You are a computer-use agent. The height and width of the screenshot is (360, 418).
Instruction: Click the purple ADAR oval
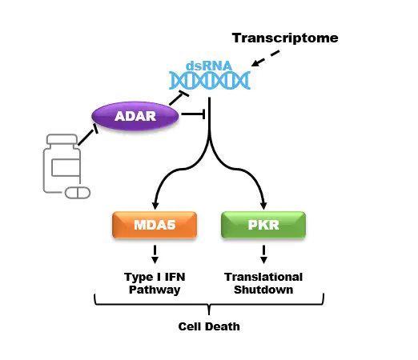[135, 116]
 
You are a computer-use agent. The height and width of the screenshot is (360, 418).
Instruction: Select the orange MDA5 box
[155, 225]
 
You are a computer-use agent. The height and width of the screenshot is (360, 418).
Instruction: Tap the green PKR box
[263, 225]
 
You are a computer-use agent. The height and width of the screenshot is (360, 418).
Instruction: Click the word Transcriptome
[285, 38]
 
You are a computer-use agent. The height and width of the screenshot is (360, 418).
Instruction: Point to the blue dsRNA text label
[209, 66]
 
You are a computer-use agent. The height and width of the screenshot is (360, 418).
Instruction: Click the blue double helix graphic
[210, 80]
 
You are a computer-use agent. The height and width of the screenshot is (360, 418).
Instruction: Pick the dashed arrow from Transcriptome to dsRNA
[265, 58]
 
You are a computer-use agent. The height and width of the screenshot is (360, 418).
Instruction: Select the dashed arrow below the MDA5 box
[155, 254]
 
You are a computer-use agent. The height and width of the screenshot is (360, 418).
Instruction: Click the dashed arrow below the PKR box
[263, 254]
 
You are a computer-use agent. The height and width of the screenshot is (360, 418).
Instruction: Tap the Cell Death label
[209, 326]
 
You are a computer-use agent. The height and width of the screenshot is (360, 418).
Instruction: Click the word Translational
[263, 277]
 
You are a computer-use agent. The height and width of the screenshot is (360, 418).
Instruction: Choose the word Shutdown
[263, 290]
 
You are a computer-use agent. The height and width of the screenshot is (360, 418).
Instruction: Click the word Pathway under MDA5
[155, 290]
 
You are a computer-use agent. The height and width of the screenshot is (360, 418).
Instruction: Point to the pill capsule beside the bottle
[78, 193]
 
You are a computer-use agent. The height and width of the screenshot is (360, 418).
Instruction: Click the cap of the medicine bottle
[62, 139]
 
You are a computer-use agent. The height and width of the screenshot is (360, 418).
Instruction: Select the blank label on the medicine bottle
[66, 168]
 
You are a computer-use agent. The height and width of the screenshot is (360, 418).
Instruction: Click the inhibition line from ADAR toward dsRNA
[179, 98]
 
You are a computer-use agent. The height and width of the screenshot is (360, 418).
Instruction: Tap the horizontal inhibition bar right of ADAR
[193, 114]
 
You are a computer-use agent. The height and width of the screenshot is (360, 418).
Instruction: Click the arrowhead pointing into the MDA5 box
[155, 206]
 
